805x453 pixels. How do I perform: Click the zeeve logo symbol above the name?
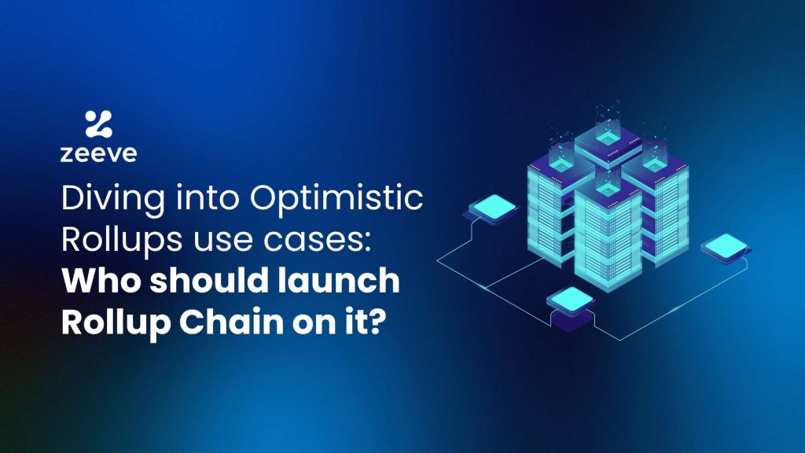tap(98, 124)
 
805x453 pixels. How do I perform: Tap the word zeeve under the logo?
tap(98, 153)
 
